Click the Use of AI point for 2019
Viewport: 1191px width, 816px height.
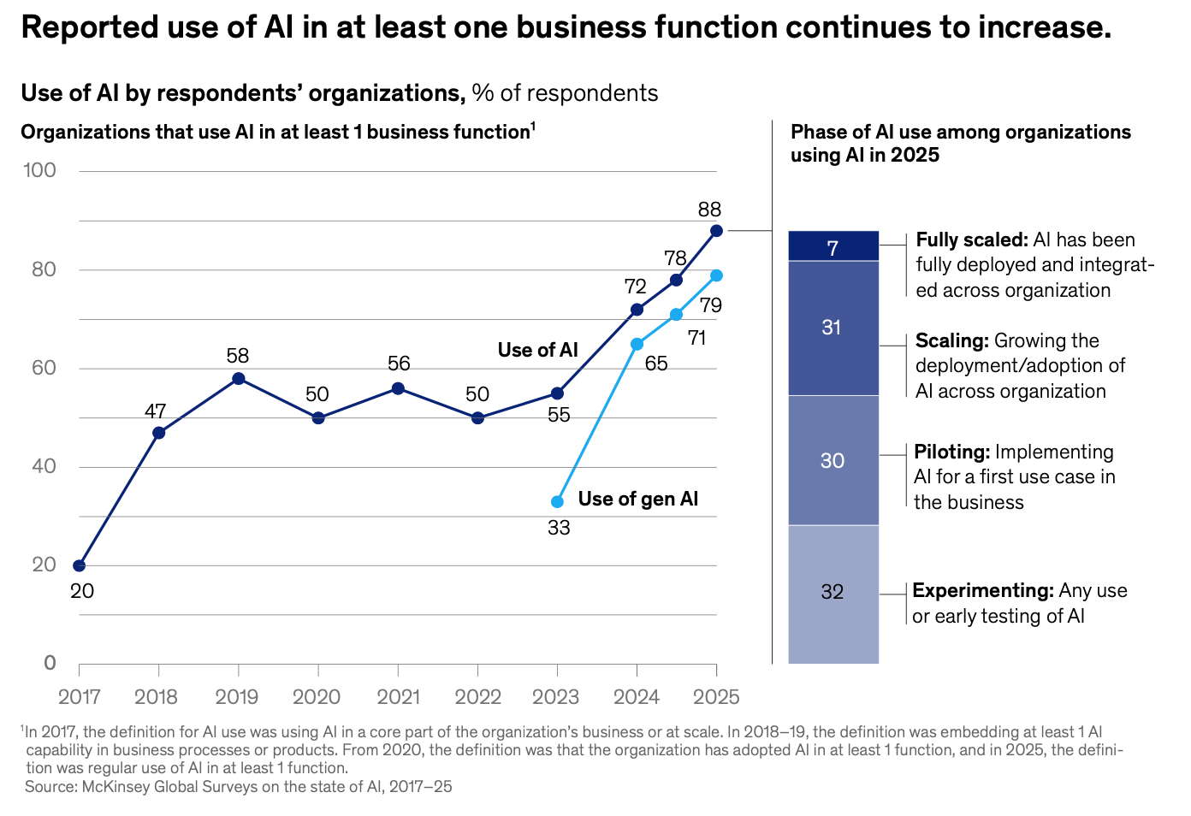[x=239, y=379]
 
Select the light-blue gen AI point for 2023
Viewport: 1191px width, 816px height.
[x=558, y=502]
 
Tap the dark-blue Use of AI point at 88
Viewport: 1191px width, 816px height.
[x=716, y=231]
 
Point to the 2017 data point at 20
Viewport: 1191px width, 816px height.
[x=80, y=565]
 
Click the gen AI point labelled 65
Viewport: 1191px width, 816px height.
[x=637, y=344]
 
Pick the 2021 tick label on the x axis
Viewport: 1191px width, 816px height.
[x=398, y=697]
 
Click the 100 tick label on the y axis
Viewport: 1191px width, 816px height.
[x=40, y=170]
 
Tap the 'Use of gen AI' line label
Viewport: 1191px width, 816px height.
[x=638, y=500]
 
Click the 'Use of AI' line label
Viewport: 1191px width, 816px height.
[x=538, y=350]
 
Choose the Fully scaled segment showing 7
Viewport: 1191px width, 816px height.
[x=833, y=246]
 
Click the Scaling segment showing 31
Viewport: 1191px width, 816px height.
[x=833, y=328]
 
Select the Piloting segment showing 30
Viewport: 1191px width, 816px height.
[x=833, y=460]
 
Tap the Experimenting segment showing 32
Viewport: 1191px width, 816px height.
[x=833, y=593]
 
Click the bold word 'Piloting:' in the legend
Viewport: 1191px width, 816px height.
[x=952, y=452]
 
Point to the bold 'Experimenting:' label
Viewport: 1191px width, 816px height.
[x=982, y=590]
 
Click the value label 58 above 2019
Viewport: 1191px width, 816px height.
[x=238, y=356]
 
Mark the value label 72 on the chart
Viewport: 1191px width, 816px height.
[x=635, y=287]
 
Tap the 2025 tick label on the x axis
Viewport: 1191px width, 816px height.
[x=716, y=697]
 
